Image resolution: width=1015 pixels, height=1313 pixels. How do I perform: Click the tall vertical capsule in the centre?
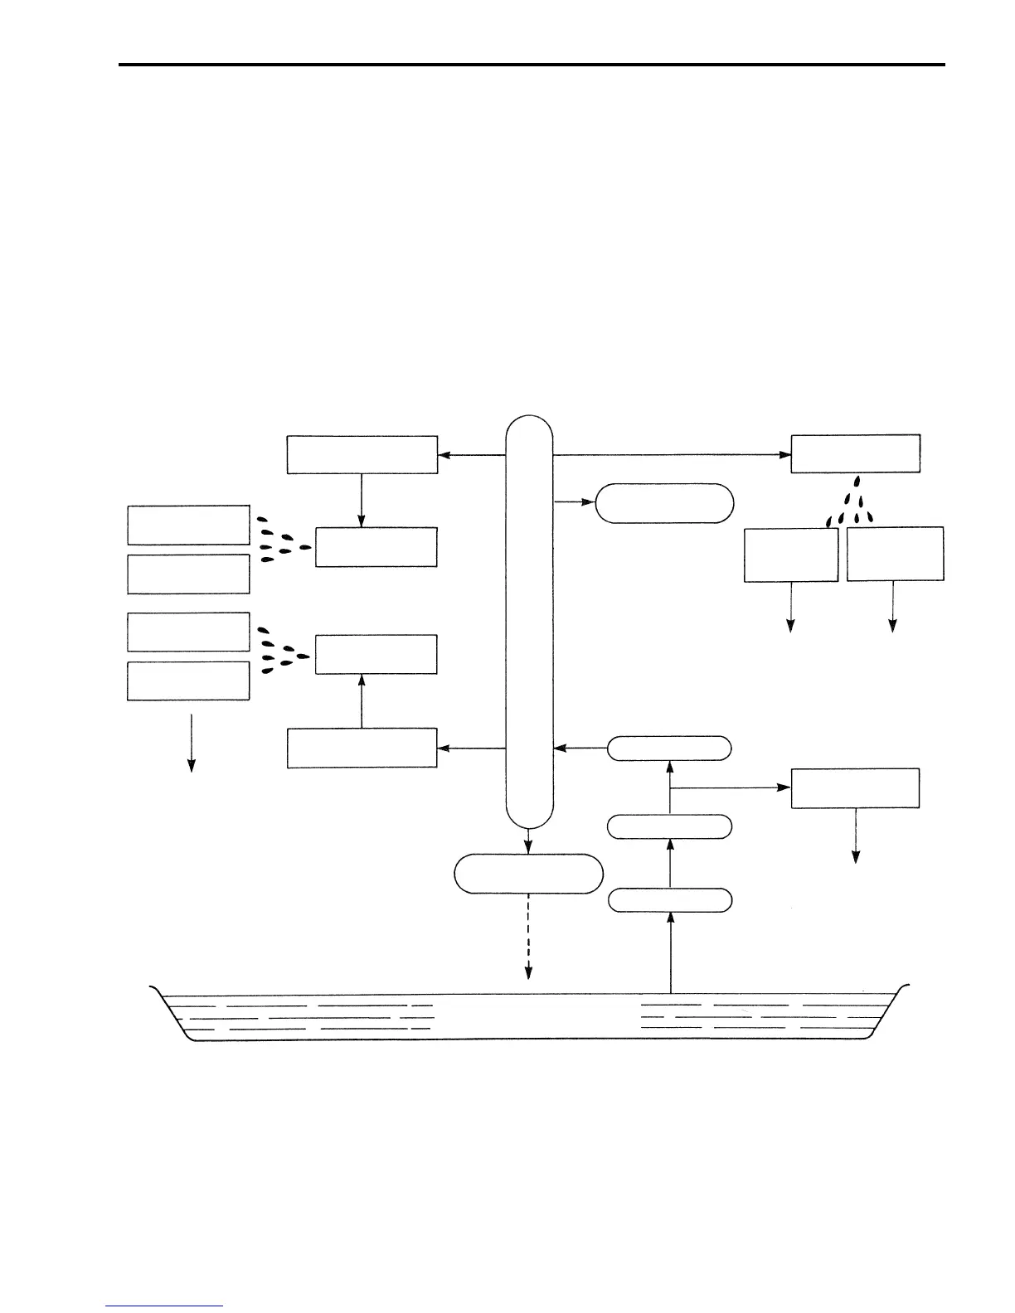click(x=528, y=622)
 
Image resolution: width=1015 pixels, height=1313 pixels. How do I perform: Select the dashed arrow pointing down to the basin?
click(x=528, y=937)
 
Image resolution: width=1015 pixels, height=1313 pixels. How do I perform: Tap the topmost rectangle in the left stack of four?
click(x=188, y=524)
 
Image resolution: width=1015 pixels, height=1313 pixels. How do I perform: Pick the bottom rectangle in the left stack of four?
click(x=188, y=681)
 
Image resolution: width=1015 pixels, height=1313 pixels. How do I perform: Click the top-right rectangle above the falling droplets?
click(x=855, y=453)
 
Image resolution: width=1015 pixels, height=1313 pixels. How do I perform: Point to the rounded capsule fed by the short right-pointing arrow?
click(x=665, y=502)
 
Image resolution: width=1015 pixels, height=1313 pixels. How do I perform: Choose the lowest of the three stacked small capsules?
click(x=670, y=900)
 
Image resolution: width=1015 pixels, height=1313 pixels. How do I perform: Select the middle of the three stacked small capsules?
click(x=670, y=826)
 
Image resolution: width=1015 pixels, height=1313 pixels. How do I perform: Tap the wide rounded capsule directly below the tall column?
click(x=528, y=874)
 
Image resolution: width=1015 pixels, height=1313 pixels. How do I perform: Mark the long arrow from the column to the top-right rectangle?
click(x=672, y=454)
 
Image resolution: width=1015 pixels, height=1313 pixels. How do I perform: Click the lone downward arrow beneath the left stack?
click(x=192, y=742)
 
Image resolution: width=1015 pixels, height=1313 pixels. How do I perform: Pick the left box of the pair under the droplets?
click(x=791, y=555)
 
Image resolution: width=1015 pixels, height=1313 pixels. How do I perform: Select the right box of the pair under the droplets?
click(x=895, y=554)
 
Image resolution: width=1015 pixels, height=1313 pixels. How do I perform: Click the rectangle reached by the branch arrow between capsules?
click(x=855, y=787)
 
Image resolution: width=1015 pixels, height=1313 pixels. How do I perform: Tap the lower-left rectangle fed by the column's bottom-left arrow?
click(x=362, y=748)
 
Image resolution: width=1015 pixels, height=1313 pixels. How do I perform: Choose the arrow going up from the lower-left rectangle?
click(x=362, y=700)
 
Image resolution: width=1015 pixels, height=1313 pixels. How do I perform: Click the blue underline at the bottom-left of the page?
click(x=164, y=1306)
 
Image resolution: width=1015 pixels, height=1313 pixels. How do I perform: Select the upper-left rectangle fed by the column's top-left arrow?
click(x=362, y=454)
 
